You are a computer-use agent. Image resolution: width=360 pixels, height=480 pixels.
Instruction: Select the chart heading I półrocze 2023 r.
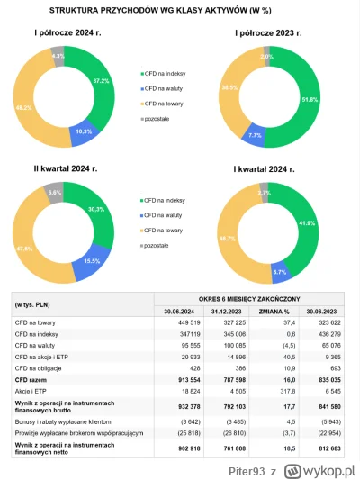pos(277,34)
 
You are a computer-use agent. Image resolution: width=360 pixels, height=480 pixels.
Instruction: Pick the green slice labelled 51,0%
pos(311,98)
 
